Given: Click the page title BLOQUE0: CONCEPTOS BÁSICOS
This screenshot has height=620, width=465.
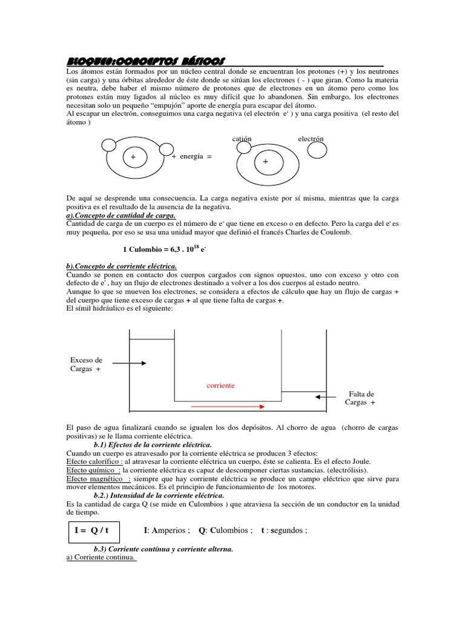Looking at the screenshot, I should tap(145, 61).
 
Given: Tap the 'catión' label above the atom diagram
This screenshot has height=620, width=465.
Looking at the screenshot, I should tap(242, 139).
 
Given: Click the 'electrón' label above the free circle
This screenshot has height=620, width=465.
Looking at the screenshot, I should tap(311, 139).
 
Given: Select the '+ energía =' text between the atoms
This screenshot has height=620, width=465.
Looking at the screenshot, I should tap(192, 156).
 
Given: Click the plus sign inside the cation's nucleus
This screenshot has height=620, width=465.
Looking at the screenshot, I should tap(265, 162).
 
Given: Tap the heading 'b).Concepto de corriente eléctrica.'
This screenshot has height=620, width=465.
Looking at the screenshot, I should tap(121, 266).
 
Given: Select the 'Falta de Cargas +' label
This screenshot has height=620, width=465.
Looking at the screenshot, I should tap(361, 398).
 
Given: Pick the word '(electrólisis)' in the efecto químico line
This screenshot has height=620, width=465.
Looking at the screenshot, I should tap(343, 470).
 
